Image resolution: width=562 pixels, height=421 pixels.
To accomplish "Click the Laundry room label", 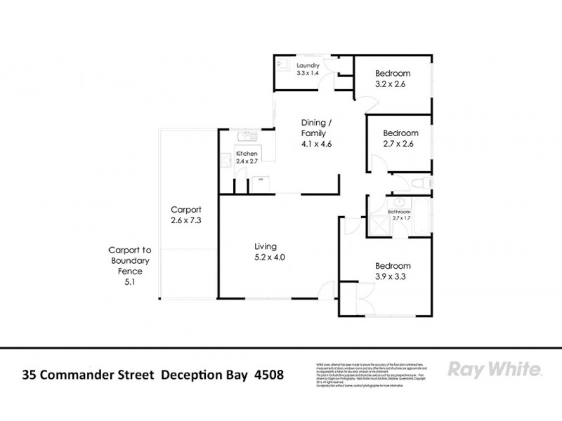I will (308, 65).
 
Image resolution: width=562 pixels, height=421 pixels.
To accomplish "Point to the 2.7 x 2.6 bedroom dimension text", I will (400, 144).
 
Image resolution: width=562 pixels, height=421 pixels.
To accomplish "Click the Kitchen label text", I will (247, 154).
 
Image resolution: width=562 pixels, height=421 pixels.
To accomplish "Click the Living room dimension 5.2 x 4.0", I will (269, 258).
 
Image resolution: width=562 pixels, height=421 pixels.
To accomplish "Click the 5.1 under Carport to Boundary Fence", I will (126, 282).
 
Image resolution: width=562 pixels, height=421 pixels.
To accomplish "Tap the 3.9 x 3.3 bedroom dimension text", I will (391, 276).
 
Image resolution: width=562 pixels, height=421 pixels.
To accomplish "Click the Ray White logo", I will (493, 370).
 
